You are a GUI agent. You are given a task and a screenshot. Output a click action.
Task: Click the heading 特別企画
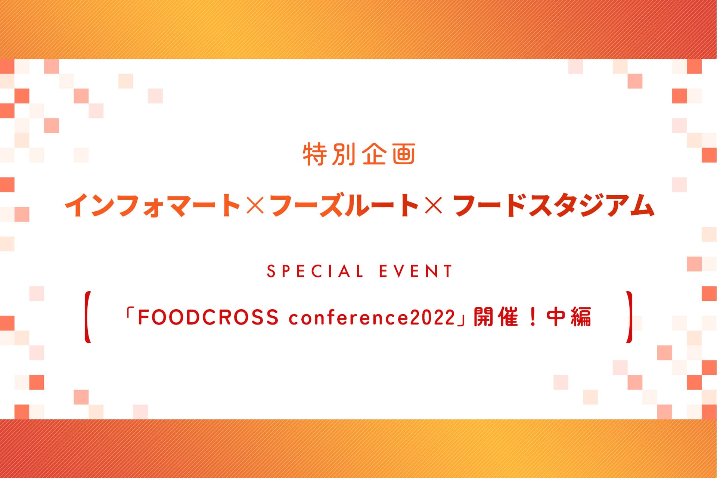(x=359, y=154)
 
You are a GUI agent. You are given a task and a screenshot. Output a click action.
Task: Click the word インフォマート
(x=152, y=205)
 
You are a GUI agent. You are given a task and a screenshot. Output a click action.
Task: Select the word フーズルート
(x=344, y=205)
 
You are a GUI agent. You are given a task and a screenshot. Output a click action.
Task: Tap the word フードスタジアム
(x=554, y=205)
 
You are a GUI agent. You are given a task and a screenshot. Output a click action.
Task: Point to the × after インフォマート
(x=255, y=206)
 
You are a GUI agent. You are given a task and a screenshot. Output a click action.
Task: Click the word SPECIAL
(x=315, y=271)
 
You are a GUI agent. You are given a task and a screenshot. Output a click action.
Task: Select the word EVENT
(x=416, y=271)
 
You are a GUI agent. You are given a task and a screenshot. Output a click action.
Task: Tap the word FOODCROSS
(x=208, y=317)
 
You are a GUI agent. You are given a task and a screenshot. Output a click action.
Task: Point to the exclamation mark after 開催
(x=533, y=317)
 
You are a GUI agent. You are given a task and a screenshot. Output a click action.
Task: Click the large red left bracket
(x=87, y=317)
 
